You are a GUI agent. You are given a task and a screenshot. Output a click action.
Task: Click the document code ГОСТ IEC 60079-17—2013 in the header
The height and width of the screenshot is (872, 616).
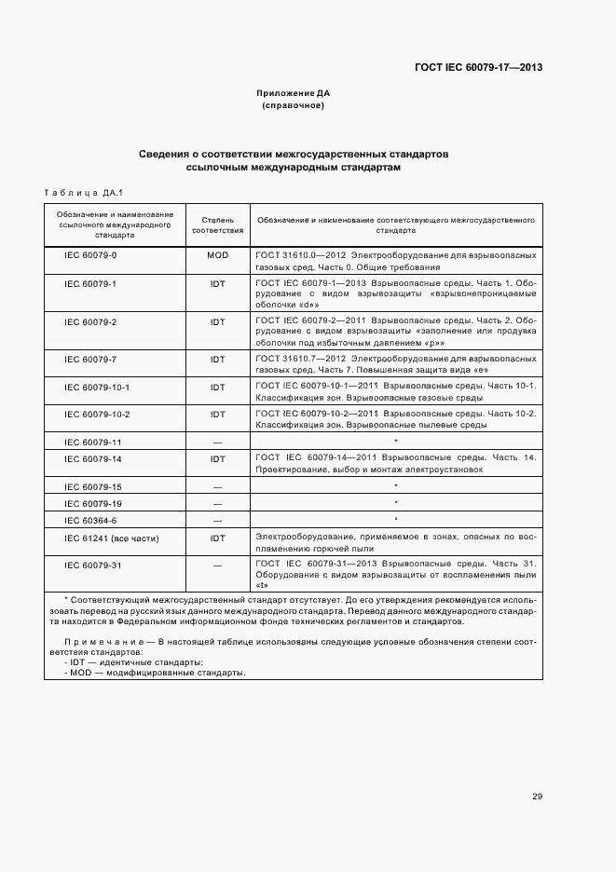[478, 67]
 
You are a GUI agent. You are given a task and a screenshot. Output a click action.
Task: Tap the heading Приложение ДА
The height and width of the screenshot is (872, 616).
[294, 93]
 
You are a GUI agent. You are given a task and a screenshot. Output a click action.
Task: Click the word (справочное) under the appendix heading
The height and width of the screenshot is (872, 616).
[294, 106]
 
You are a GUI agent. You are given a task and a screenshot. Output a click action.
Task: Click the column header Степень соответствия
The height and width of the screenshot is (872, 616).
[217, 224]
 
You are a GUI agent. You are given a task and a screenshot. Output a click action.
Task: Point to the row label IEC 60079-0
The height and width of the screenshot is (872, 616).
[90, 254]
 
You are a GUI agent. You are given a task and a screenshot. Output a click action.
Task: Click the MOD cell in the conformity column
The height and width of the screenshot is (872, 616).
[217, 254]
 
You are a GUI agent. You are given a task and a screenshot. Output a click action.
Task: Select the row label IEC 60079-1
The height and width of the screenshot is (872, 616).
[90, 281]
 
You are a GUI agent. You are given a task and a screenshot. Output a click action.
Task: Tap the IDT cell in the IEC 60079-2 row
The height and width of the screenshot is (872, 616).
[217, 321]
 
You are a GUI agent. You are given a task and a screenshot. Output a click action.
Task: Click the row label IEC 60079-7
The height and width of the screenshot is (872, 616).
[90, 359]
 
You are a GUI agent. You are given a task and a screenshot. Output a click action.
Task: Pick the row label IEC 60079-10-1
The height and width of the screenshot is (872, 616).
[96, 387]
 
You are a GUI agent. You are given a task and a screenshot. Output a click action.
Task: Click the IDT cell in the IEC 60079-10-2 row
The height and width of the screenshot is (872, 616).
[217, 414]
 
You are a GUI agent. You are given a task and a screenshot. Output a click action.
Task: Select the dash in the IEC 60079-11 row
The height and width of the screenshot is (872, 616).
[217, 442]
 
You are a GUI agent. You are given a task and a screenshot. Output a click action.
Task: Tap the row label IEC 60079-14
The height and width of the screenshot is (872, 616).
[92, 459]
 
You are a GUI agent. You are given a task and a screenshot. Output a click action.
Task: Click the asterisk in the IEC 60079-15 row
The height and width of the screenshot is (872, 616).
[396, 486]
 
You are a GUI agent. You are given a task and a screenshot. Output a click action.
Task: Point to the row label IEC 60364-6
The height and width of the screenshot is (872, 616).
[90, 521]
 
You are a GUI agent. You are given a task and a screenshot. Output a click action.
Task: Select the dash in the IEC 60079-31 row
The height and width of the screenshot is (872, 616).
[217, 565]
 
